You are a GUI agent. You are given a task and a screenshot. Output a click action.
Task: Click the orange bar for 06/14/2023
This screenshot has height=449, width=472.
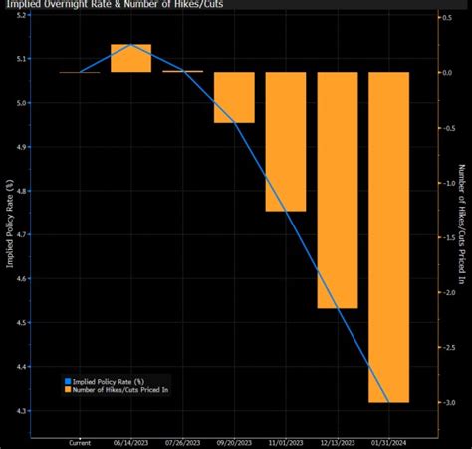coord(130,59)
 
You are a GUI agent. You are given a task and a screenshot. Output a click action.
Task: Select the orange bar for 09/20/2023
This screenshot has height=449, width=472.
coord(234,97)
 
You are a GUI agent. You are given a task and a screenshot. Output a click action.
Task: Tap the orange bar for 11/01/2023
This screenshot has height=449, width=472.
coord(286,141)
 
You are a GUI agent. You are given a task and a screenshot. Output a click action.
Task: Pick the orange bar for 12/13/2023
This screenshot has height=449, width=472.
coord(338,190)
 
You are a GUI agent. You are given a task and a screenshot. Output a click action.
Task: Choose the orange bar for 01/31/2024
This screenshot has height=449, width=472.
coord(389,236)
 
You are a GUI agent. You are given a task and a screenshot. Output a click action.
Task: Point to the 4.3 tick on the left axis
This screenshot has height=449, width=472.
coord(21,411)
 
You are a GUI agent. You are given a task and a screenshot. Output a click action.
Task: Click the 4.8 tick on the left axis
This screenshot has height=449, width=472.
coord(21,191)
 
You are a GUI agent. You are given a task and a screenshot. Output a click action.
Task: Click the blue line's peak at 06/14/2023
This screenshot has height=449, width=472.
coord(130,45)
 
